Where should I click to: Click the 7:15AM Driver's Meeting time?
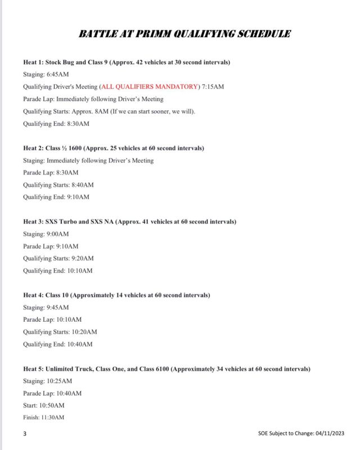[x=213, y=87]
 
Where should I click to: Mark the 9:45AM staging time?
[x=58, y=307]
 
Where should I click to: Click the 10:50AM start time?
[x=52, y=406]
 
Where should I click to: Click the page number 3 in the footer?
[x=25, y=434]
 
